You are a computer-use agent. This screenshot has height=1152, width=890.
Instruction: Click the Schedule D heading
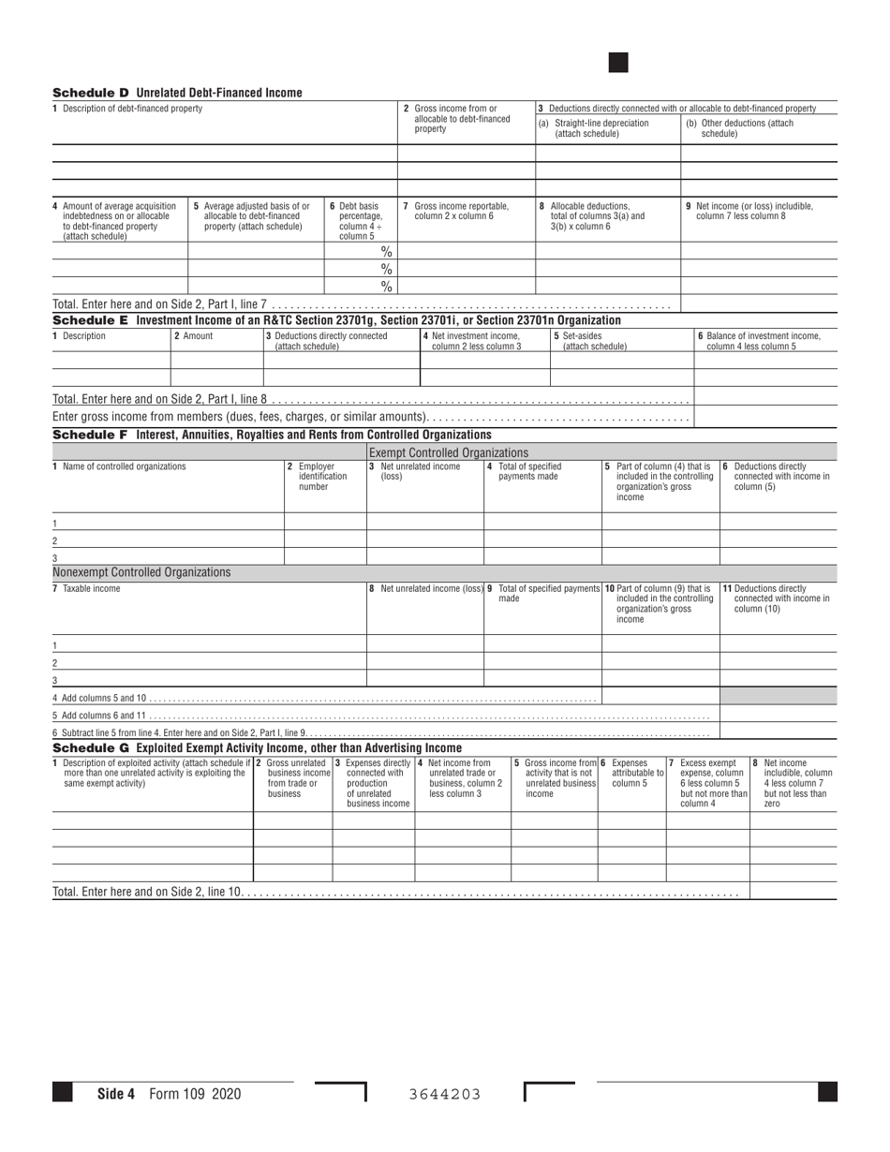(x=177, y=93)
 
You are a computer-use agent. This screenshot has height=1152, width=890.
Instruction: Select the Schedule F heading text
(x=272, y=435)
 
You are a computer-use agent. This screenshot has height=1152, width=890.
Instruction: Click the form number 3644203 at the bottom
(x=445, y=1093)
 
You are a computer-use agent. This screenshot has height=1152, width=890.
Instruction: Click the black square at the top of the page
(x=618, y=63)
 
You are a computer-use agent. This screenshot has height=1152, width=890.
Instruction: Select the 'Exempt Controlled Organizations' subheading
(x=449, y=453)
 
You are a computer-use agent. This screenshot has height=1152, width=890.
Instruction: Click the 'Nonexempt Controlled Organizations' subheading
(x=141, y=572)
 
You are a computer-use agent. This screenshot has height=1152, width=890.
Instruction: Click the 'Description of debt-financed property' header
(x=127, y=109)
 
